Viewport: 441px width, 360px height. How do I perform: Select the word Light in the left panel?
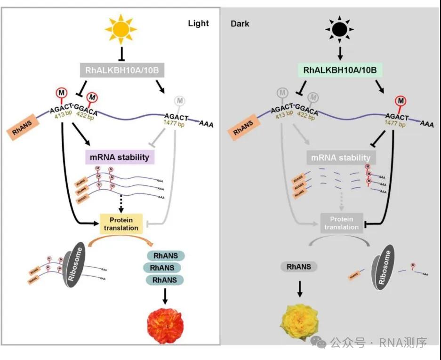(x=198, y=23)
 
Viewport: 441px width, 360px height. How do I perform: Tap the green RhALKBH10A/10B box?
(x=340, y=71)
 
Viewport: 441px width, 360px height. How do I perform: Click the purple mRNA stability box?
(x=120, y=157)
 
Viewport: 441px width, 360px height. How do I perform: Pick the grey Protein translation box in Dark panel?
(x=341, y=223)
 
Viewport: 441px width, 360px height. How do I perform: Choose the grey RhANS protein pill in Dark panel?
(x=299, y=267)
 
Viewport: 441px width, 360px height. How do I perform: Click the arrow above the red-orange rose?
(x=165, y=296)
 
